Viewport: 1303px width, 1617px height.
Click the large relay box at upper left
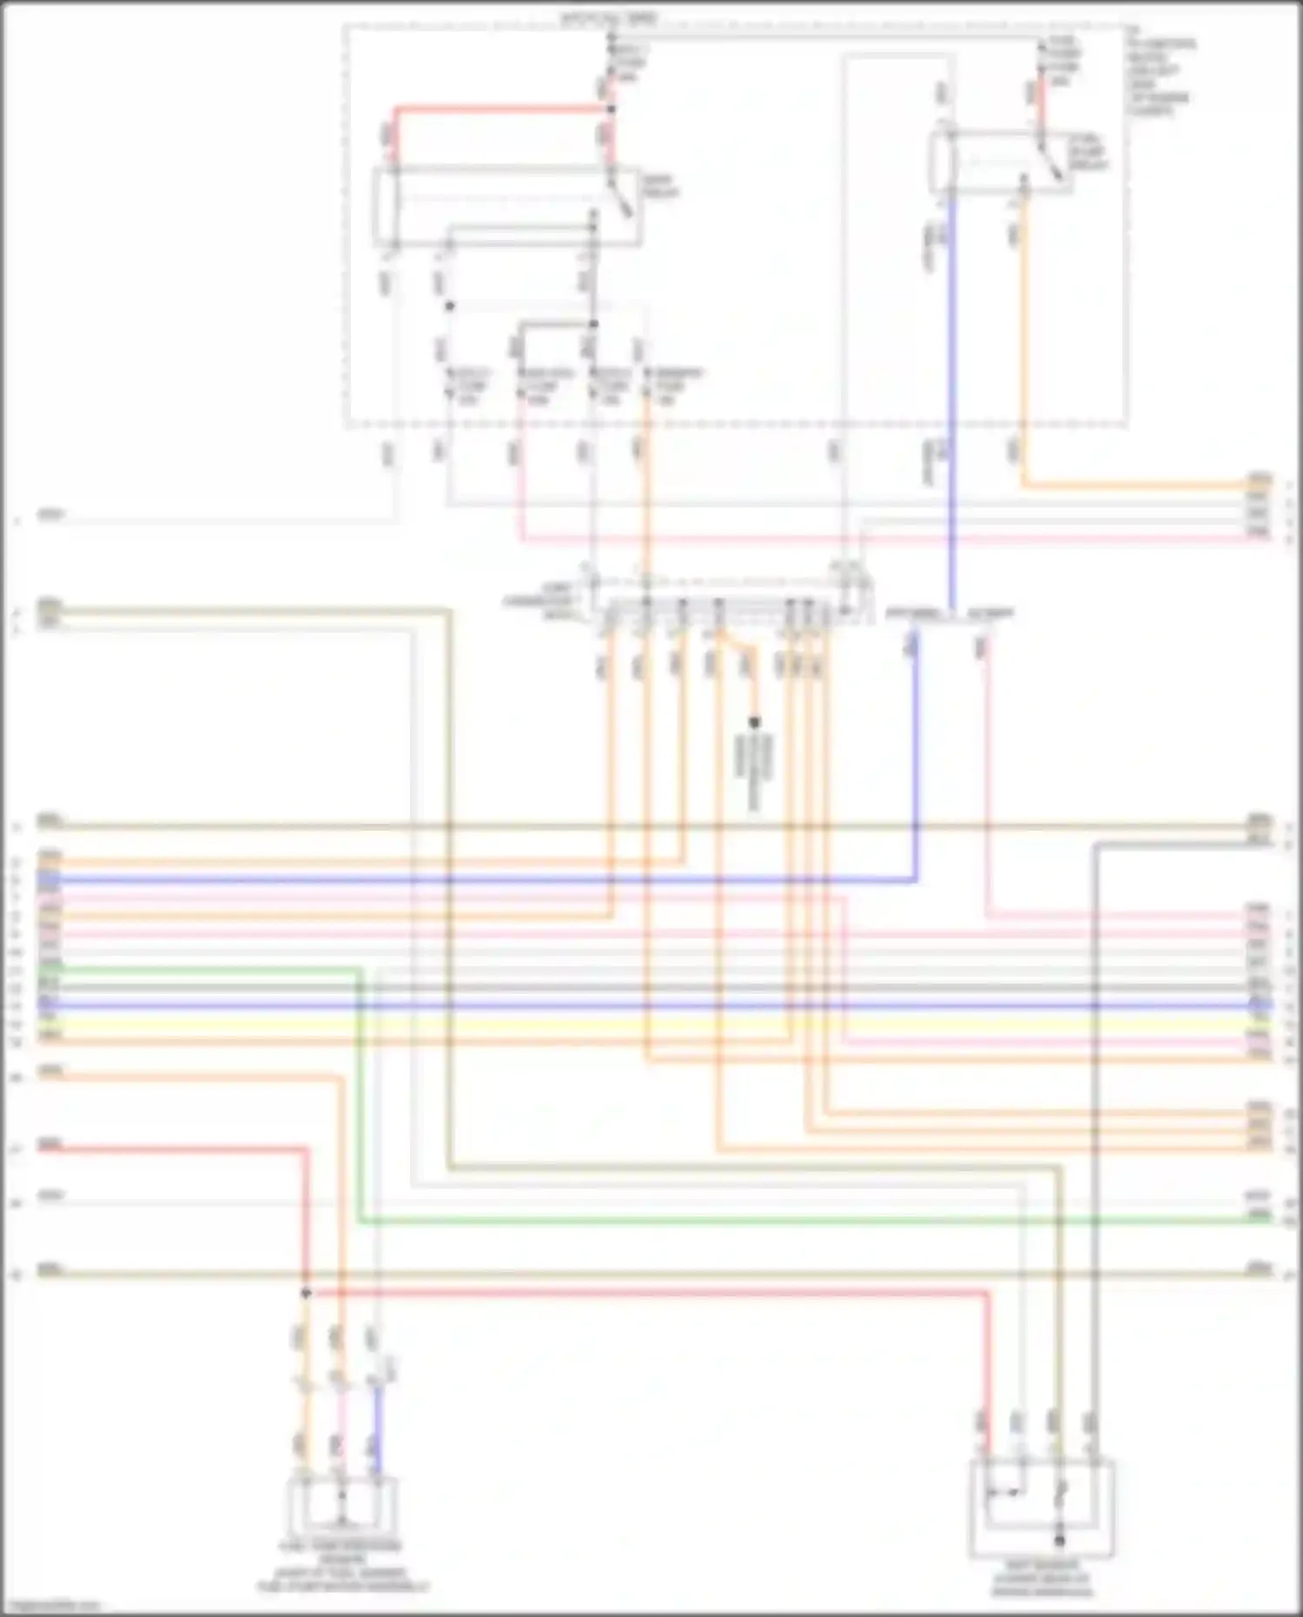(508, 207)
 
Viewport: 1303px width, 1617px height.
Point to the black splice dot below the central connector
(754, 722)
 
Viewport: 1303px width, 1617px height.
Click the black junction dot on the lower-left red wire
(306, 1294)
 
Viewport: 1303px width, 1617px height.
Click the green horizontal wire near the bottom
(782, 1222)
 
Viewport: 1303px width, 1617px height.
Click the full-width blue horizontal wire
(651, 1005)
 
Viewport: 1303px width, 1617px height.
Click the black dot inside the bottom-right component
(1059, 1541)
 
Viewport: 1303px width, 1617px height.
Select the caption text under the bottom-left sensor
(342, 1567)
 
